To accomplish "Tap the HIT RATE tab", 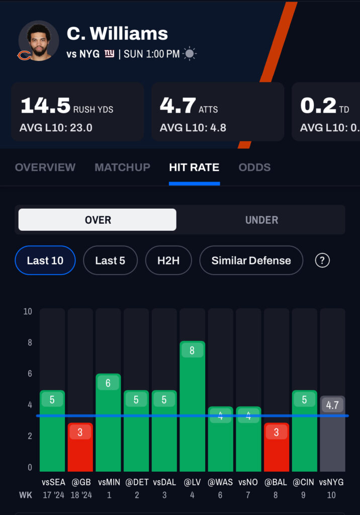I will click(x=194, y=167).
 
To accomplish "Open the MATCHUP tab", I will click(x=122, y=167).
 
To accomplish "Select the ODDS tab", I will click(x=254, y=167).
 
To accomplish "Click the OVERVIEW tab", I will click(x=45, y=167).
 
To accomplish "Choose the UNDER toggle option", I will click(x=261, y=220).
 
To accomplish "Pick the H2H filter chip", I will click(x=168, y=261).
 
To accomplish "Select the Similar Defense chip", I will click(x=251, y=261).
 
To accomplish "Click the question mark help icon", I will click(x=322, y=261).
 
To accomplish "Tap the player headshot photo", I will click(x=39, y=41).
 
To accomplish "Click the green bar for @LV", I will click(x=192, y=407).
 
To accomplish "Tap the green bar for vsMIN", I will click(x=108, y=422).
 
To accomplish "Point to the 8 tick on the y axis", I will click(x=28, y=342).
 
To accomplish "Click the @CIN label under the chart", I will click(x=304, y=482).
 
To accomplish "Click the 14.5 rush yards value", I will click(x=45, y=106).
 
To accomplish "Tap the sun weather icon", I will click(x=190, y=54).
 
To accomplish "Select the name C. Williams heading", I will click(x=117, y=33).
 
